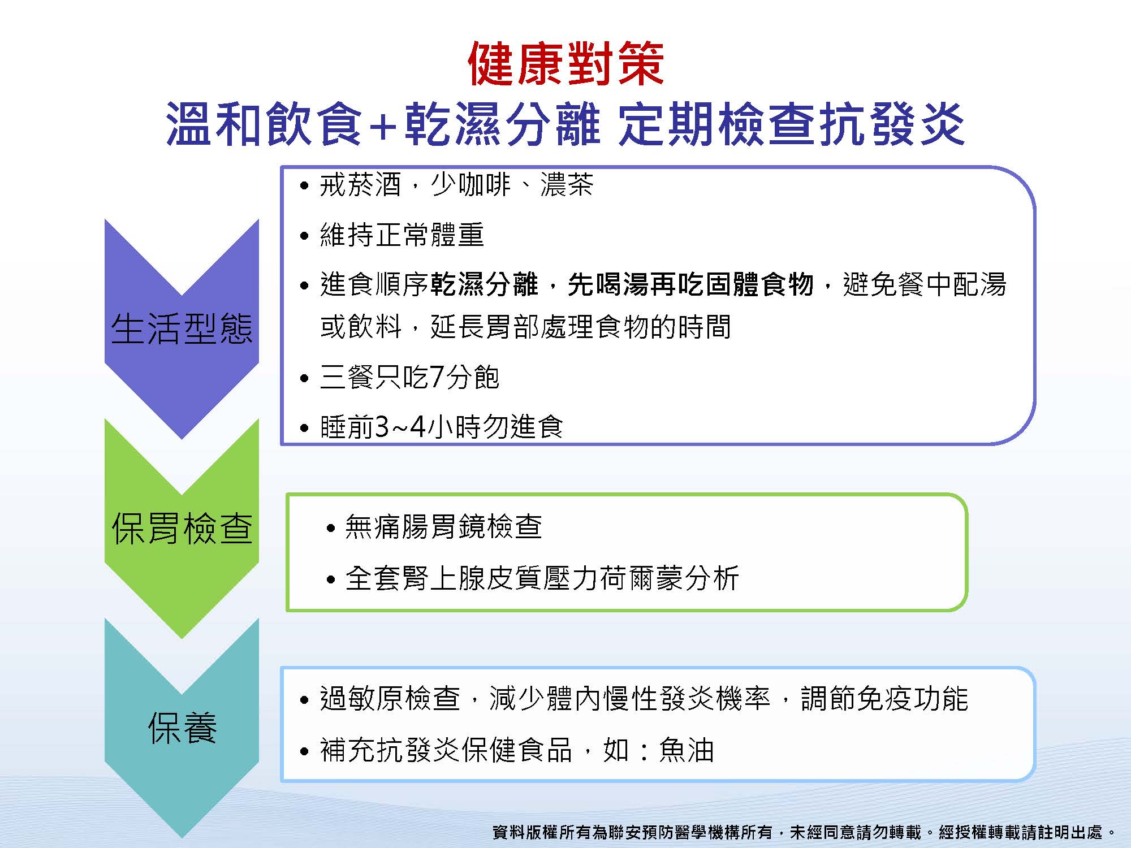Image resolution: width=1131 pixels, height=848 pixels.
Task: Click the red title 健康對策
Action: point(566,64)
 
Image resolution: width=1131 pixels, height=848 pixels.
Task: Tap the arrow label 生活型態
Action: point(182,328)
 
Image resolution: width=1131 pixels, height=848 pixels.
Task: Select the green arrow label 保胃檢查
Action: point(182,529)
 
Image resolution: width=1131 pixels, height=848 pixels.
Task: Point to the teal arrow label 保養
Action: point(182,728)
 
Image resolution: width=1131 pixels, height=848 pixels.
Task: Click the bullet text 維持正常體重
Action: point(402,235)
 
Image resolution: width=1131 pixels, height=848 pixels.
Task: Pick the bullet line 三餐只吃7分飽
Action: point(409,377)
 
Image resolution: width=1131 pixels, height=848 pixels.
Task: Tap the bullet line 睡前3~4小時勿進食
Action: point(442,427)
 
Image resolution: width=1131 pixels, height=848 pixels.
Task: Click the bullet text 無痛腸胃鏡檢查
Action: point(443,527)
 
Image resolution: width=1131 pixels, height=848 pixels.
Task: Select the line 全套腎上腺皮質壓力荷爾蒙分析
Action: point(542,578)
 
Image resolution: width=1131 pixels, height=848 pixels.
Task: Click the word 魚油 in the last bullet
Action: point(687,750)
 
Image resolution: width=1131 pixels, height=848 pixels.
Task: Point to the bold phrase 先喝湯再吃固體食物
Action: point(690,284)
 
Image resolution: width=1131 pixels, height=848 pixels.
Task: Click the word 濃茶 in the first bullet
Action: point(567,185)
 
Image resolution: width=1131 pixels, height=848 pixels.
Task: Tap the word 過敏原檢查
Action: point(390,699)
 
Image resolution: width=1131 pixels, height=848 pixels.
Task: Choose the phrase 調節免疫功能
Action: point(884,699)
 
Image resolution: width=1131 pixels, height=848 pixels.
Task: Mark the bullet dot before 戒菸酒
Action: point(305,186)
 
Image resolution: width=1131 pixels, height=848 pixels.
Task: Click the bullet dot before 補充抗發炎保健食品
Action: point(305,751)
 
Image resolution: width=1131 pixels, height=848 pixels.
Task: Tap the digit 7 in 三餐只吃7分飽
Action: point(437,378)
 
